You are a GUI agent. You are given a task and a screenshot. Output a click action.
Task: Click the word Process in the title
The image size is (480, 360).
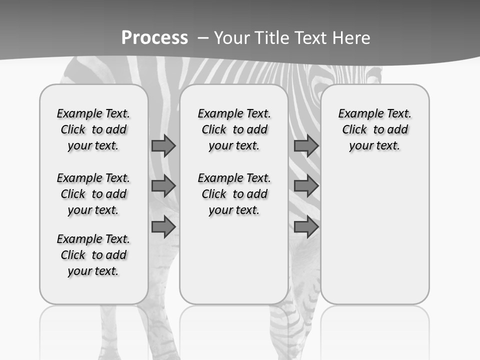pyautogui.click(x=154, y=37)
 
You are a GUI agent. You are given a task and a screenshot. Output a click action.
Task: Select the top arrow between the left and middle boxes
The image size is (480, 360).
pyautogui.click(x=163, y=146)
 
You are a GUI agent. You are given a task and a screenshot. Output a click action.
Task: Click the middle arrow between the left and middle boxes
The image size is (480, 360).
pyautogui.click(x=163, y=186)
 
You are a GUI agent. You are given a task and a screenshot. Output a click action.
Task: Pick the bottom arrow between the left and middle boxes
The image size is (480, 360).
pyautogui.click(x=163, y=227)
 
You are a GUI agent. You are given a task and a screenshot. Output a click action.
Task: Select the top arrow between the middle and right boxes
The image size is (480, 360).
pyautogui.click(x=306, y=146)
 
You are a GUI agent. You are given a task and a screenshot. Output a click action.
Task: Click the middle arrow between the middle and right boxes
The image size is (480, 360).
pyautogui.click(x=306, y=186)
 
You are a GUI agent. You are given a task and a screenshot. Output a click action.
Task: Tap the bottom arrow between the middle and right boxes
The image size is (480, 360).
pyautogui.click(x=306, y=227)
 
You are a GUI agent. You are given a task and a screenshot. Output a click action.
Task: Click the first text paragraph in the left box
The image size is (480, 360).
pyautogui.click(x=93, y=129)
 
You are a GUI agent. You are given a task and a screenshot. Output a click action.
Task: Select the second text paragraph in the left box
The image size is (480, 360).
pyautogui.click(x=93, y=194)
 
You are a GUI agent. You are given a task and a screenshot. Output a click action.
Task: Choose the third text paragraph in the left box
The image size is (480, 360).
pyautogui.click(x=93, y=255)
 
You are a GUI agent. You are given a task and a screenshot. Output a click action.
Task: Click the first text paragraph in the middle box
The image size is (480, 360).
pyautogui.click(x=234, y=129)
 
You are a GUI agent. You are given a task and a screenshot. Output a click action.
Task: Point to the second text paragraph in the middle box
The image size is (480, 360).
pyautogui.click(x=234, y=194)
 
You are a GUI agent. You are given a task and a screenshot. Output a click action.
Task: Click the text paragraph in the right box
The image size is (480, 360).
pyautogui.click(x=375, y=129)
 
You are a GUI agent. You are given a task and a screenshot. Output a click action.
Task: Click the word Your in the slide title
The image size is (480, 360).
pyautogui.click(x=230, y=37)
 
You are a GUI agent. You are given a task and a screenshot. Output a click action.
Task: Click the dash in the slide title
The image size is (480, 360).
pyautogui.click(x=203, y=37)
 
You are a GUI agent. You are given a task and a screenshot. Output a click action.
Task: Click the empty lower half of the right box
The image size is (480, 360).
pyautogui.click(x=375, y=240)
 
